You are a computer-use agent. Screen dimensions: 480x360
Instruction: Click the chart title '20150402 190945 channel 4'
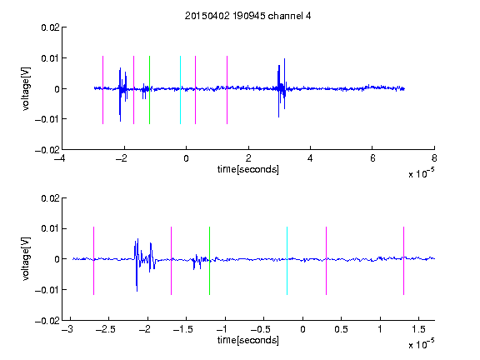pyautogui.click(x=248, y=16)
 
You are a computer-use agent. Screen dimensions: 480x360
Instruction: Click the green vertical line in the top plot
pyautogui.click(x=149, y=90)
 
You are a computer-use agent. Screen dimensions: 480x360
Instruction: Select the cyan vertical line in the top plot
pyautogui.click(x=180, y=90)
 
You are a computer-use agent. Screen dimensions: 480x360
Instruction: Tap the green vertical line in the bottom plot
pyautogui.click(x=209, y=261)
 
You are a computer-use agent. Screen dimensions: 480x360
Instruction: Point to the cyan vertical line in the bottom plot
pyautogui.click(x=287, y=261)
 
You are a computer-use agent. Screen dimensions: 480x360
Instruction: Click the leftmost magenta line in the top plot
pyautogui.click(x=102, y=90)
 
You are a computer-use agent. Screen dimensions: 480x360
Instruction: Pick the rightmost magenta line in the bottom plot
pyautogui.click(x=403, y=261)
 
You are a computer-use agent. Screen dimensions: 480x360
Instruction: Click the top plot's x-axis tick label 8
pyautogui.click(x=434, y=158)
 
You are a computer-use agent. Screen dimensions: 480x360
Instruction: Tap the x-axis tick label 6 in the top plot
pyautogui.click(x=372, y=158)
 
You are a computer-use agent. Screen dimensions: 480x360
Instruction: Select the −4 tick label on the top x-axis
pyautogui.click(x=60, y=158)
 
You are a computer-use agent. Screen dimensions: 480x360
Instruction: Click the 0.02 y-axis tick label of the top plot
pyautogui.click(x=51, y=27)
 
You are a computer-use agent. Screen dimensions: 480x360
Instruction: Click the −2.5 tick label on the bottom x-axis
pyautogui.click(x=105, y=329)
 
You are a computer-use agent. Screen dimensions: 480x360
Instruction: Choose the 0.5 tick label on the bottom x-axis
pyautogui.click(x=341, y=329)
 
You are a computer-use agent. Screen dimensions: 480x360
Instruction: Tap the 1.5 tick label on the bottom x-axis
pyautogui.click(x=418, y=329)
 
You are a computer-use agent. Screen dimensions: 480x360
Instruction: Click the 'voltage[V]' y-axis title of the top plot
pyautogui.click(x=27, y=88)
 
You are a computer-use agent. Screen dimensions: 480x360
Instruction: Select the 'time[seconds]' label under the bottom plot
pyautogui.click(x=248, y=340)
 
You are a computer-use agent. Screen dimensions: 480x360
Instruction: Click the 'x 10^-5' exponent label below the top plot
pyautogui.click(x=421, y=173)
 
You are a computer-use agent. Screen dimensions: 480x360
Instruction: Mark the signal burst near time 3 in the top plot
pyautogui.click(x=282, y=87)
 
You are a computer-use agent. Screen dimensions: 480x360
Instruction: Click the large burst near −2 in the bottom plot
pyautogui.click(x=144, y=265)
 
